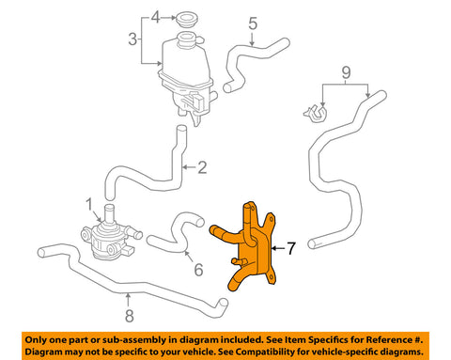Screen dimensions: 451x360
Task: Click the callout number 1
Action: (x=89, y=204)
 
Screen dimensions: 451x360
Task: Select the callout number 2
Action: (x=202, y=167)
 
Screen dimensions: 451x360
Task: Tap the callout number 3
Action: (x=132, y=39)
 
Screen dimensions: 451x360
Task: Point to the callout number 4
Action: (x=155, y=17)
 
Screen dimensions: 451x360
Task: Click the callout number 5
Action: (x=253, y=23)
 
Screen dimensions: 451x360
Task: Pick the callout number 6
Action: (x=198, y=270)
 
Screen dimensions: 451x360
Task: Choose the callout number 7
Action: (x=291, y=248)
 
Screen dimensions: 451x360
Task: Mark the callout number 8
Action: (x=130, y=316)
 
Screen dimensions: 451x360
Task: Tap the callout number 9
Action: (x=346, y=72)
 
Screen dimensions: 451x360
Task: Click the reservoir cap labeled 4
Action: (x=186, y=19)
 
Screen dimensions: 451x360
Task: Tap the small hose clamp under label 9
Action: (x=316, y=114)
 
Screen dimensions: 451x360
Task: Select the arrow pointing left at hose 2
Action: (x=189, y=167)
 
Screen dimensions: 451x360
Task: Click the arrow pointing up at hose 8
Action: (x=128, y=300)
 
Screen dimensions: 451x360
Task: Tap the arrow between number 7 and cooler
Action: (x=278, y=248)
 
